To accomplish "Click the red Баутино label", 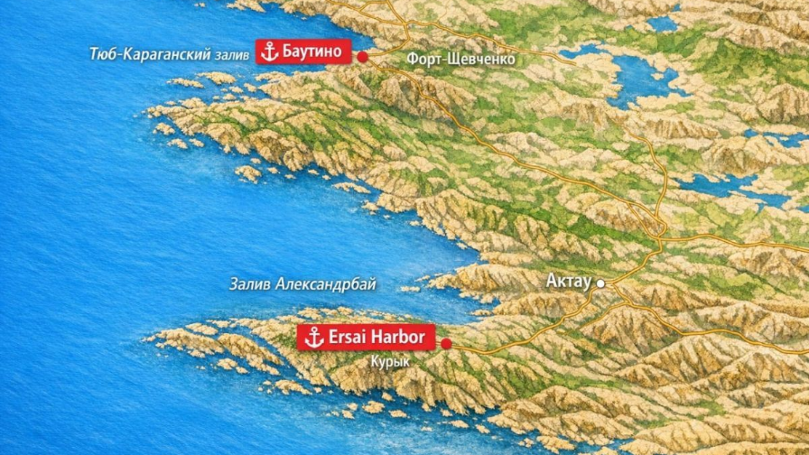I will pyautogui.click(x=302, y=51).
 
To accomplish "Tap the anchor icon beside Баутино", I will pyautogui.click(x=268, y=51).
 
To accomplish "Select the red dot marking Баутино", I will pyautogui.click(x=362, y=57).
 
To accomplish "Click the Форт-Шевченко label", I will pyautogui.click(x=460, y=59).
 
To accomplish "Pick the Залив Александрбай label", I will pyautogui.click(x=302, y=284).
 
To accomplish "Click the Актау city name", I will pyautogui.click(x=568, y=282).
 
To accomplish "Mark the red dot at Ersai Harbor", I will pyautogui.click(x=445, y=343).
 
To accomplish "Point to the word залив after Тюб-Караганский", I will pyautogui.click(x=233, y=55).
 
